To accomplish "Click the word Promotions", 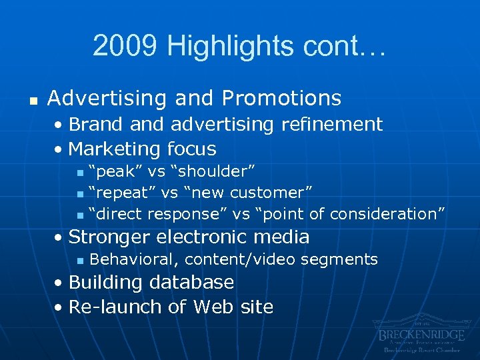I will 281,98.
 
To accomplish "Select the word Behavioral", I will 133,259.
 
